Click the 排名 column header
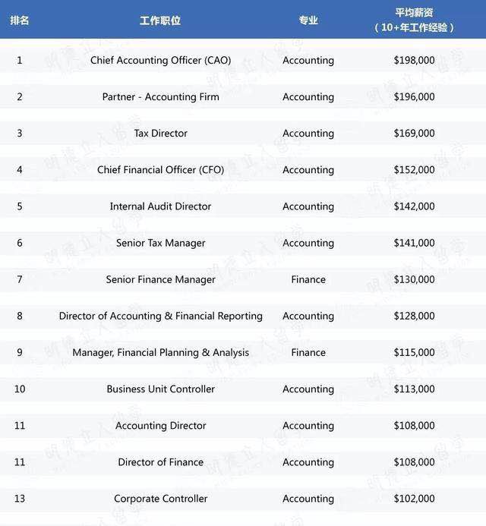point(20,20)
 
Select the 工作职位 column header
point(160,20)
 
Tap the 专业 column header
point(308,20)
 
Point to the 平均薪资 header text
point(414,14)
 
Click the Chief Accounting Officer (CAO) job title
point(160,60)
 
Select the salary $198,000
point(415,60)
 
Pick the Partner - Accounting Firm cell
point(160,96)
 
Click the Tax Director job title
point(160,133)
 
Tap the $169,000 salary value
point(415,133)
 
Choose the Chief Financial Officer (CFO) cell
point(160,169)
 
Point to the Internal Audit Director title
point(160,206)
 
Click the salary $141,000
point(415,243)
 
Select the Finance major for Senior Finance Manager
point(308,279)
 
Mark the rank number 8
point(20,316)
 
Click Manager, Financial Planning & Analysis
point(160,352)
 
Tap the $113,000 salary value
point(415,389)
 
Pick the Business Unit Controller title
point(160,389)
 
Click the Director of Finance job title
point(160,461)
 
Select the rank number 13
point(20,499)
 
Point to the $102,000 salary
point(415,499)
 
